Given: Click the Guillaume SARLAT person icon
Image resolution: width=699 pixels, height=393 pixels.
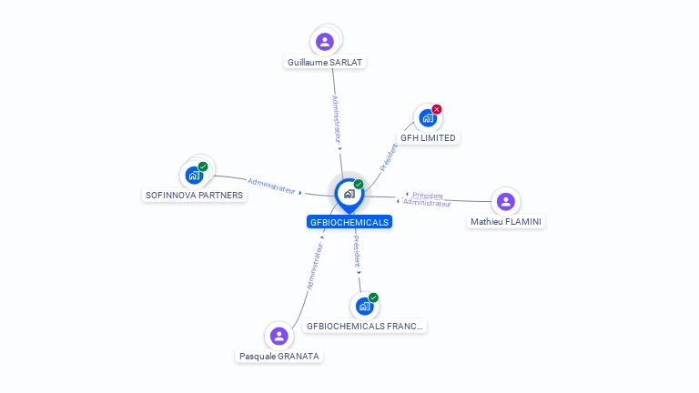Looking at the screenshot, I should coord(325,41).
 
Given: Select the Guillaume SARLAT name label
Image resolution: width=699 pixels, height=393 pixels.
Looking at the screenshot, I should coord(326,63).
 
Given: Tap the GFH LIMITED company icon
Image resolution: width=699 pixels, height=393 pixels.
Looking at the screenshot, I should coord(427,118).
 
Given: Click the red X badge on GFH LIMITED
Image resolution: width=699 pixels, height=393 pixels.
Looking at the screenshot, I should coord(437,109).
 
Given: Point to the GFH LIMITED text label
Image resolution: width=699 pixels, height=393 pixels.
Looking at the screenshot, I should coord(429,138).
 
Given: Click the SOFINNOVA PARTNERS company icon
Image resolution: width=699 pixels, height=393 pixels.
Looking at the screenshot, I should coord(194,176).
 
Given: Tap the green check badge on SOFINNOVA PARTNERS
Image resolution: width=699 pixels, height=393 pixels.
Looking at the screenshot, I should coord(203,166).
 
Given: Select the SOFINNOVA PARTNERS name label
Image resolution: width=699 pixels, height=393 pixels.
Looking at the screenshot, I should coord(195,195).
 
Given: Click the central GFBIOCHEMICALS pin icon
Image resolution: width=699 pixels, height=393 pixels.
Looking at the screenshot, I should coord(349,194).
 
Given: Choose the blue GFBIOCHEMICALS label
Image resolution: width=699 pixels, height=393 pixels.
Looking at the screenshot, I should coord(349,222).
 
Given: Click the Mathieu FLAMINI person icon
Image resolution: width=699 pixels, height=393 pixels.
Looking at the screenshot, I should coord(506,201).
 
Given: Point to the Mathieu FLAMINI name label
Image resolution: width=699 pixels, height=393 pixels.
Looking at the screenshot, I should coord(506,221).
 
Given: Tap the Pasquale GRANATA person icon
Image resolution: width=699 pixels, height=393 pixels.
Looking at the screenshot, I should coord(279,337).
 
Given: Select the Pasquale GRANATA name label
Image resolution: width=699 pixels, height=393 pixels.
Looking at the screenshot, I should coord(279,357).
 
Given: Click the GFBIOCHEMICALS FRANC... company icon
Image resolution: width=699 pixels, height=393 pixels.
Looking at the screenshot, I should coord(364,306).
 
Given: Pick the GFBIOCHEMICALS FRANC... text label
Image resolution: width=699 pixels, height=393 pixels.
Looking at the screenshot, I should coord(365,326).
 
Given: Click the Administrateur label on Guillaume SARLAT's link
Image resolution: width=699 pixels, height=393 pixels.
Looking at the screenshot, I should coord(337,119).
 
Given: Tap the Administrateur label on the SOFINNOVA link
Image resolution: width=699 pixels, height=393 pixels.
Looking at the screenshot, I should coord(272,186).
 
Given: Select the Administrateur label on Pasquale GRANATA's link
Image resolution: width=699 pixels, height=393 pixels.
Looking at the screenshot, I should coord(315,266).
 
